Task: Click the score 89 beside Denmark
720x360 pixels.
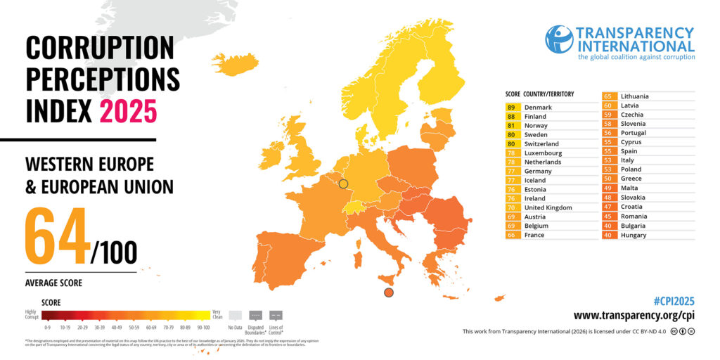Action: pyautogui.click(x=510, y=107)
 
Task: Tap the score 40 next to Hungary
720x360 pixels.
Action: pyautogui.click(x=607, y=235)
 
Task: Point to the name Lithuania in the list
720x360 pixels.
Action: pyautogui.click(x=634, y=96)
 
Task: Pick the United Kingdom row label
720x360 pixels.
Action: pyautogui.click(x=548, y=207)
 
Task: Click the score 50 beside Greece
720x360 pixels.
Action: pyautogui.click(x=607, y=179)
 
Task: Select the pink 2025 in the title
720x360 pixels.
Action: pyautogui.click(x=128, y=111)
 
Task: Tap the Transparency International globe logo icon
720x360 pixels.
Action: pyautogui.click(x=559, y=39)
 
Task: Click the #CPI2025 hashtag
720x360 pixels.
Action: pyautogui.click(x=674, y=301)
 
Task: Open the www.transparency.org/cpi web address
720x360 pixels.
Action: pyautogui.click(x=634, y=316)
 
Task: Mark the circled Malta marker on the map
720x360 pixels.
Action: pyautogui.click(x=388, y=292)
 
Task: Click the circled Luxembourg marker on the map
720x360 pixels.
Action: pyautogui.click(x=343, y=184)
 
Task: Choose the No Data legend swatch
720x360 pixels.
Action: pyautogui.click(x=235, y=316)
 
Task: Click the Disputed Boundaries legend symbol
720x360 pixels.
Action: pyautogui.click(x=255, y=316)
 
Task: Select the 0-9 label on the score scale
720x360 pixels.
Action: pyautogui.click(x=47, y=327)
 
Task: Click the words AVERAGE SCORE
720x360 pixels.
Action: pyautogui.click(x=53, y=283)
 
